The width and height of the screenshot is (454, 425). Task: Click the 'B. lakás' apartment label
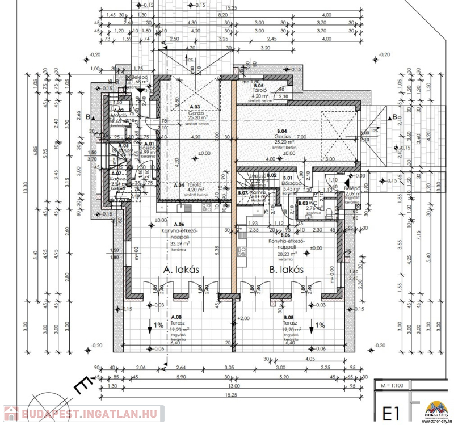click(x=281, y=269)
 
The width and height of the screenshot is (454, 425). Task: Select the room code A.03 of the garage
click(x=195, y=107)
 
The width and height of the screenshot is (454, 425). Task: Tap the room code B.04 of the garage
click(x=283, y=131)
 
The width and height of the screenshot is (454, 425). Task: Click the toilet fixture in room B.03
click(x=330, y=212)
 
